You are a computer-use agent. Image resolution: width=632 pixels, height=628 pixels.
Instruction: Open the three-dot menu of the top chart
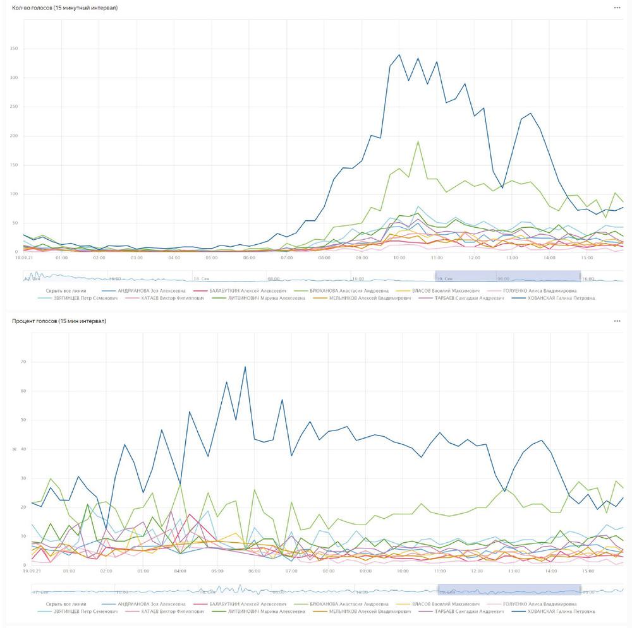(617, 8)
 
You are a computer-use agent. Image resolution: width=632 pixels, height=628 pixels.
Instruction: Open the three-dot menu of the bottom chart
(617, 321)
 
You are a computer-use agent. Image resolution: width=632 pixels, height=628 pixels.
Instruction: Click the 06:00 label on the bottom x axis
(254, 571)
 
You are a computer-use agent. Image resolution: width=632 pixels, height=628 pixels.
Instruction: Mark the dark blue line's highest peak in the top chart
(399, 55)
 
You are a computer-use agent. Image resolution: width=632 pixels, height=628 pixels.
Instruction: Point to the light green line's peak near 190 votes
(418, 141)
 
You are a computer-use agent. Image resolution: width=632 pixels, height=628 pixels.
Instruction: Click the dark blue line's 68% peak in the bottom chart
(245, 367)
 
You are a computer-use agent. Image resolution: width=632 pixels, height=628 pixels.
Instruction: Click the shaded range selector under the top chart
(507, 276)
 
